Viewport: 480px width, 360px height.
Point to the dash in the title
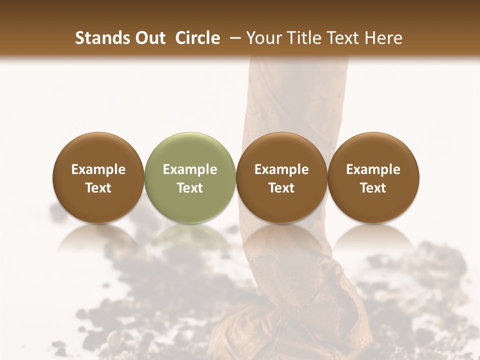pyautogui.click(x=233, y=38)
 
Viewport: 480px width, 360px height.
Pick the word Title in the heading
pyautogui.click(x=303, y=38)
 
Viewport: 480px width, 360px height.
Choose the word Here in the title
pyautogui.click(x=385, y=38)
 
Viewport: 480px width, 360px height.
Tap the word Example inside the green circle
pyautogui.click(x=190, y=169)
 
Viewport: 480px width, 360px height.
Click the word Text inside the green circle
pyautogui.click(x=190, y=188)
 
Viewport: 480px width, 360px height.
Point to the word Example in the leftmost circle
pyautogui.click(x=98, y=169)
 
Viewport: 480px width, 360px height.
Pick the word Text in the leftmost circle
pyautogui.click(x=98, y=188)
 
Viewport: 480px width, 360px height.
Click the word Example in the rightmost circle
pyautogui.click(x=373, y=169)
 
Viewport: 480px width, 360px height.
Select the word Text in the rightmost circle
pyautogui.click(x=373, y=188)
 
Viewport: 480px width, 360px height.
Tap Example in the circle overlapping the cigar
pyautogui.click(x=281, y=169)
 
